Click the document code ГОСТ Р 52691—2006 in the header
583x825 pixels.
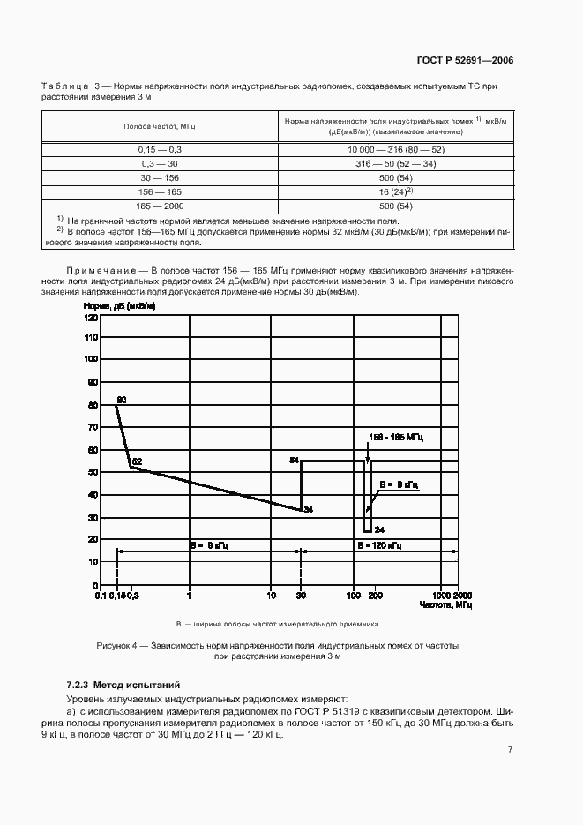[x=465, y=61]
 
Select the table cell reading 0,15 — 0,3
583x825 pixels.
[x=160, y=151]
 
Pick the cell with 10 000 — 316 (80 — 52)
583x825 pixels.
[x=395, y=151]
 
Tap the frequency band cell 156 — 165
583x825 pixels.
[x=160, y=191]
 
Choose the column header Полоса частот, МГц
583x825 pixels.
[x=160, y=126]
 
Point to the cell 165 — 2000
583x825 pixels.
[x=160, y=204]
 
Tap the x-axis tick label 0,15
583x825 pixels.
[x=116, y=596]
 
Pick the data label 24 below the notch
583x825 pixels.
[x=379, y=529]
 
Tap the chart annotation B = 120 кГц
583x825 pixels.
[x=379, y=546]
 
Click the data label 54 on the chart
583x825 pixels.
[x=295, y=461]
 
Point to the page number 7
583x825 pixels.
[x=511, y=749]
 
